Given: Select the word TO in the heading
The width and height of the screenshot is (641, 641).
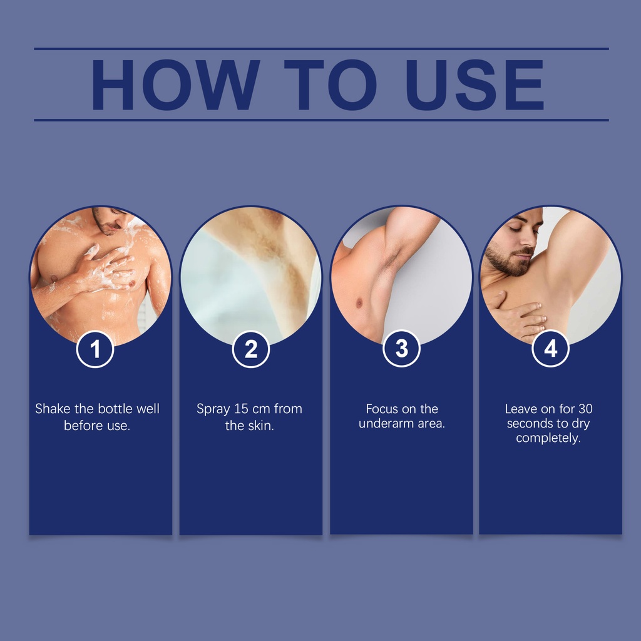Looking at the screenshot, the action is [331, 85].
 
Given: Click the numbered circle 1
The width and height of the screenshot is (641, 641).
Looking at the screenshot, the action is [95, 349].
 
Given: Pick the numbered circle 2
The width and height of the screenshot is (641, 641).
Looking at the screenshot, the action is [250, 349].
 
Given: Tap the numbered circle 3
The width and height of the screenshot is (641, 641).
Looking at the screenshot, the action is [401, 349].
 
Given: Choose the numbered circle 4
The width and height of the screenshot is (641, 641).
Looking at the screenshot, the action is [550, 349].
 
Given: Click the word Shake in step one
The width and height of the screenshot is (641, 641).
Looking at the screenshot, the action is [53, 408].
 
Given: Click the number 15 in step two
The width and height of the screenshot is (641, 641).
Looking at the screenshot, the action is [241, 409].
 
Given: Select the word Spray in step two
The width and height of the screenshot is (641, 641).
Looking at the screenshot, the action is [213, 409].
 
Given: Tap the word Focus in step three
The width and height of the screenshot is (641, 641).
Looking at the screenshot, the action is [379, 409].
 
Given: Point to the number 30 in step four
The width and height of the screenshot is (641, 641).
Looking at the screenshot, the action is [585, 409].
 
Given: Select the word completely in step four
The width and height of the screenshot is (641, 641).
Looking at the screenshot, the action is [548, 439].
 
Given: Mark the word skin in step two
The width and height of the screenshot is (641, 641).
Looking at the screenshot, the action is [261, 426].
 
